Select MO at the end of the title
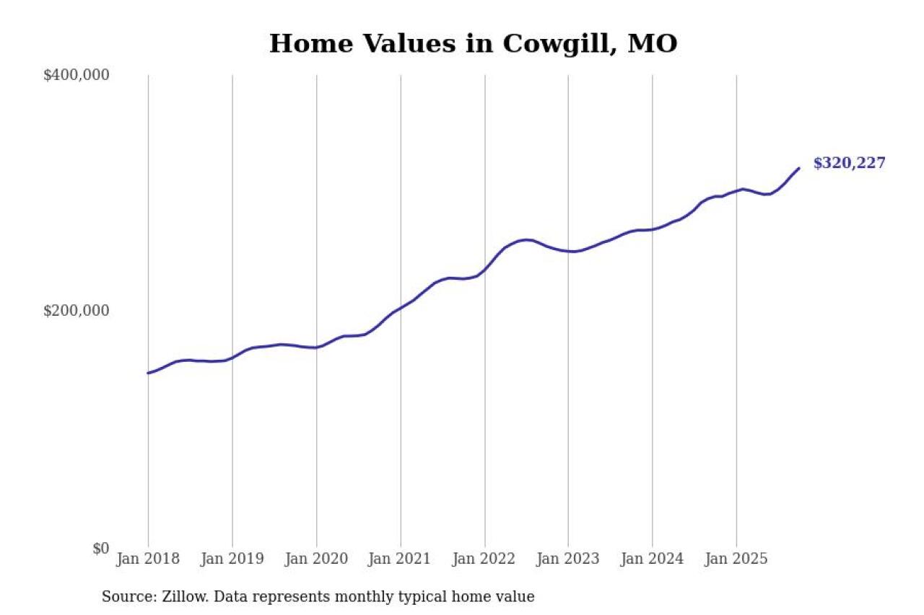point(653,43)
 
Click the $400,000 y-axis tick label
point(76,75)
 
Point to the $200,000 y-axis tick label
point(76,311)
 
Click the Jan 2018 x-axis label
point(149,559)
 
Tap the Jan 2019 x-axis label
point(232,559)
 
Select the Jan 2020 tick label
point(316,559)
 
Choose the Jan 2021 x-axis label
point(401,559)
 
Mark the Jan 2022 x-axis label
point(484,559)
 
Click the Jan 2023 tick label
point(568,559)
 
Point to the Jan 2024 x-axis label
point(653,559)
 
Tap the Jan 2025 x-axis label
point(736,559)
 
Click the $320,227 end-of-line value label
point(849,163)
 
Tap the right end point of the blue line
point(799,168)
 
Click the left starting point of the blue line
point(148,373)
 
